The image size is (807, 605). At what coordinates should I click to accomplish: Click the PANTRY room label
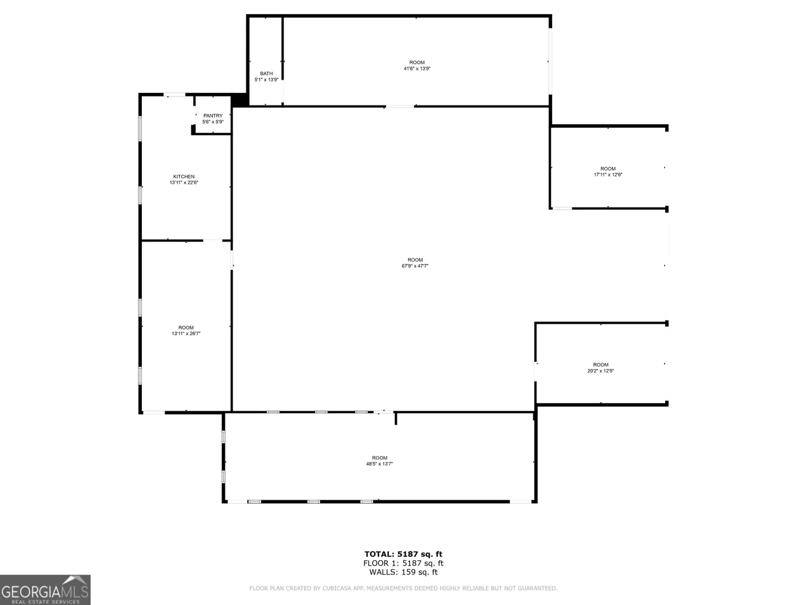click(213, 116)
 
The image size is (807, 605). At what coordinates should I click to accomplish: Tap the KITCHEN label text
click(184, 176)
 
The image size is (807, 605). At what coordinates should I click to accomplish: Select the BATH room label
click(267, 73)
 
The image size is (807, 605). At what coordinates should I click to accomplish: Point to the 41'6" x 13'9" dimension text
click(417, 68)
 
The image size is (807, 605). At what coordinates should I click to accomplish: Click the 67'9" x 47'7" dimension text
click(415, 266)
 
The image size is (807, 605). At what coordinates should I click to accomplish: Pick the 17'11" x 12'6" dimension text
click(608, 175)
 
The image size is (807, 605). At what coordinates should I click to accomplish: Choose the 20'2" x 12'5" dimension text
click(601, 371)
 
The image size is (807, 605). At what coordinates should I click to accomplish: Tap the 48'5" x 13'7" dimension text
click(379, 464)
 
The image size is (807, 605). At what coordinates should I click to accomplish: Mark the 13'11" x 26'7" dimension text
click(186, 333)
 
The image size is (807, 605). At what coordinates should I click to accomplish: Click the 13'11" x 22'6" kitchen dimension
click(184, 183)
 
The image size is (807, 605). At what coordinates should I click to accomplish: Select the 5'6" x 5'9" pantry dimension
click(213, 122)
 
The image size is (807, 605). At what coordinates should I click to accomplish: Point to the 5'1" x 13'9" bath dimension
click(267, 80)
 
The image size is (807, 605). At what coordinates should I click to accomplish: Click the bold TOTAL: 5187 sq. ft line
click(403, 554)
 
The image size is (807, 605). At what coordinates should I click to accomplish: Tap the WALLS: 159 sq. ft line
click(403, 572)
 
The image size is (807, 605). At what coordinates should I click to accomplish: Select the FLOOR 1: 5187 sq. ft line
click(403, 563)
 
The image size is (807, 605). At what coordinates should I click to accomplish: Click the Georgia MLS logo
click(45, 590)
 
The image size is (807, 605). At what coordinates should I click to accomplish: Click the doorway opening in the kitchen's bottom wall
click(213, 241)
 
